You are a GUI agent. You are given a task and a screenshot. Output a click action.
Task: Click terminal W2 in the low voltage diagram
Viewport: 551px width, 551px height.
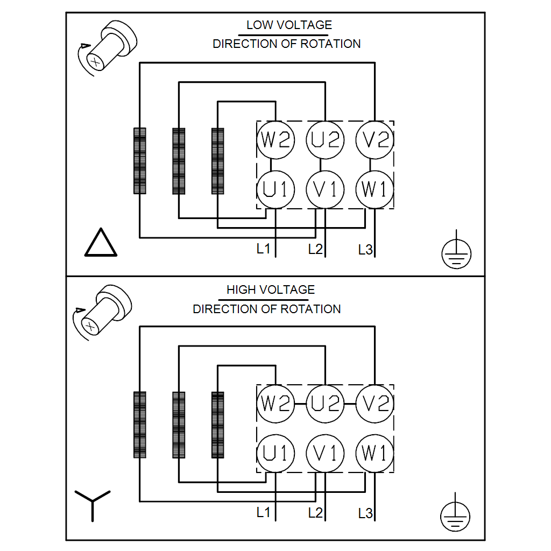point(275,140)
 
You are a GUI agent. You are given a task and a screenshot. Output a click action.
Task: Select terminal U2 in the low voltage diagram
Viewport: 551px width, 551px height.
point(325,140)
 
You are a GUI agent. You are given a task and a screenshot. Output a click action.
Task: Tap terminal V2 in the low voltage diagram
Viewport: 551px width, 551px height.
point(374,140)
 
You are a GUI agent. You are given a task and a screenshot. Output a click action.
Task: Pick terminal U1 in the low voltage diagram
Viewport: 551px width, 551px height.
point(275,189)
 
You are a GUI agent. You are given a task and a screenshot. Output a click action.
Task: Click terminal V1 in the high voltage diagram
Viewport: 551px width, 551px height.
point(325,454)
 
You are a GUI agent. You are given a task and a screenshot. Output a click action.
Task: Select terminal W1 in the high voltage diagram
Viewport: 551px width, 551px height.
point(374,454)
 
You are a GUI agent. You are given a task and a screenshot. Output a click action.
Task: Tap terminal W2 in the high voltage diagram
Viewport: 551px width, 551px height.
point(275,404)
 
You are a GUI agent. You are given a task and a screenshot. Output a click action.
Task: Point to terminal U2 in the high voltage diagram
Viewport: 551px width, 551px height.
point(325,404)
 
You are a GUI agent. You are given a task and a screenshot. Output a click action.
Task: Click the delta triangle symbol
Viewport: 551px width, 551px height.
point(101,243)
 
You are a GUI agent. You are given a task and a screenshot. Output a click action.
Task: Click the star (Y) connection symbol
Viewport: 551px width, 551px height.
point(93,503)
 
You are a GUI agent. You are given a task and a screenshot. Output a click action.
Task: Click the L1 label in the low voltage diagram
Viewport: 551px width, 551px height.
point(263,249)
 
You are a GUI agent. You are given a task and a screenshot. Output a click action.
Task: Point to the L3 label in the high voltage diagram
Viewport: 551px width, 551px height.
point(365,513)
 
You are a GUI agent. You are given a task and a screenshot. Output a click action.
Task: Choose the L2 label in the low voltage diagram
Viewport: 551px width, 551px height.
point(315,249)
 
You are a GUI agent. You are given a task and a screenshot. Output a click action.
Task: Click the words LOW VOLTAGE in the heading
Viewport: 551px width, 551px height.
point(289,25)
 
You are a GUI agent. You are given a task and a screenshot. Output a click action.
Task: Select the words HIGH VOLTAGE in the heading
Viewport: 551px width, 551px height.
point(270,289)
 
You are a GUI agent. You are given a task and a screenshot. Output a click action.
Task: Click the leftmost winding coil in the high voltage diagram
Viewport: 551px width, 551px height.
point(140,425)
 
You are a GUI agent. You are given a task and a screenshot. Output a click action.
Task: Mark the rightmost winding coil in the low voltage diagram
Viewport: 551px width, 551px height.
point(218,161)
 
